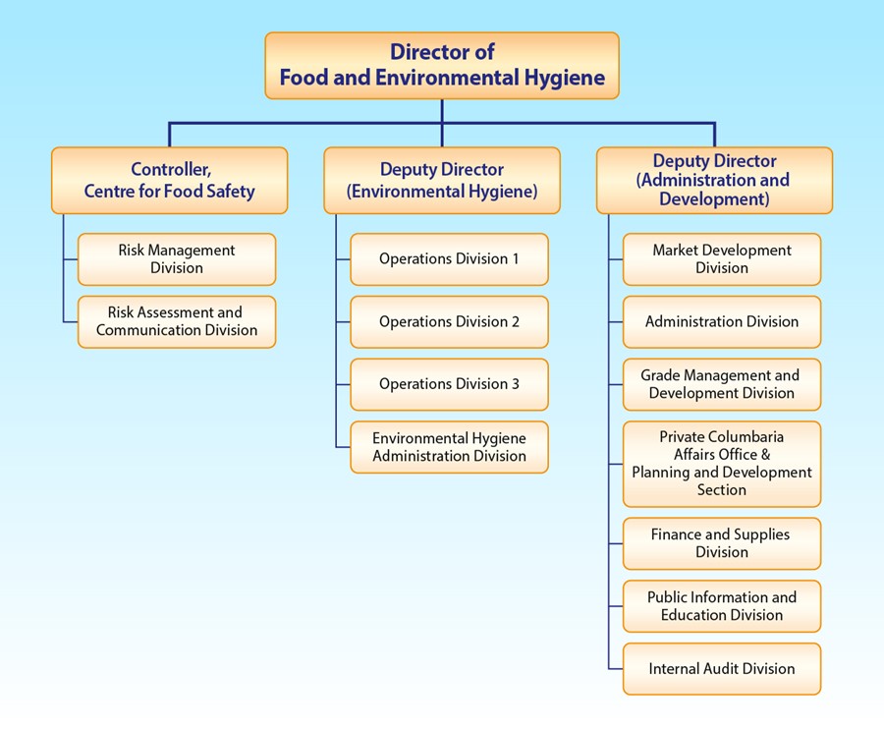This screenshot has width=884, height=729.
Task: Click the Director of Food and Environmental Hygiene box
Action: [x=442, y=65]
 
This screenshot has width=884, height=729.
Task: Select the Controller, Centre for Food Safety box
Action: [x=169, y=181]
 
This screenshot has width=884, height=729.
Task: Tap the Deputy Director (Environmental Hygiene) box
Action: [x=442, y=181]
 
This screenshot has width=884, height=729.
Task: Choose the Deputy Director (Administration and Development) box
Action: [x=714, y=180]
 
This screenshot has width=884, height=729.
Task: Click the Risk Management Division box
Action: [x=177, y=259]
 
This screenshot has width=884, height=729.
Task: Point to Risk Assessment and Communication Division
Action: [x=177, y=321]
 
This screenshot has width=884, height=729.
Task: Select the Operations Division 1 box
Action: [x=449, y=259]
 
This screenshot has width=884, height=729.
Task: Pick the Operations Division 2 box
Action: [x=449, y=321]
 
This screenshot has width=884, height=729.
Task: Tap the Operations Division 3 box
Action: [x=449, y=384]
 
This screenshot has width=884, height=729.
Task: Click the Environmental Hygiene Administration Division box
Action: [x=449, y=447]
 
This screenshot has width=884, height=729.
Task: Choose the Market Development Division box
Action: [x=722, y=259]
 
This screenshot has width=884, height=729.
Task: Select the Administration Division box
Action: [x=722, y=321]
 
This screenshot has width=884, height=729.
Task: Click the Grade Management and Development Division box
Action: [x=722, y=384]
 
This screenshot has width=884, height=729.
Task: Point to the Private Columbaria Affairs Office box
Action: [x=722, y=464]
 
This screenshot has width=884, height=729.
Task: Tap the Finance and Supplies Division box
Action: [x=722, y=543]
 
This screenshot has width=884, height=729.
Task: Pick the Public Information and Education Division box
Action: [x=722, y=606]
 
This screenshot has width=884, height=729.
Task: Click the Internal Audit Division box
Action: [x=722, y=669]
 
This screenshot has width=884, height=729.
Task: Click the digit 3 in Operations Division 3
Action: [x=515, y=384]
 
